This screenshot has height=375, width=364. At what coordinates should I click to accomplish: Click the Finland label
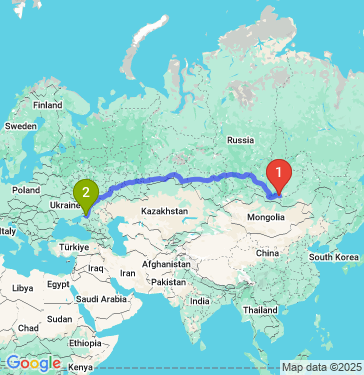click(x=47, y=104)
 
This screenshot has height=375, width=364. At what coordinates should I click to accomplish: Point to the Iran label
click(x=127, y=272)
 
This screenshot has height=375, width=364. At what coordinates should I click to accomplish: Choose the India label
click(x=200, y=301)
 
